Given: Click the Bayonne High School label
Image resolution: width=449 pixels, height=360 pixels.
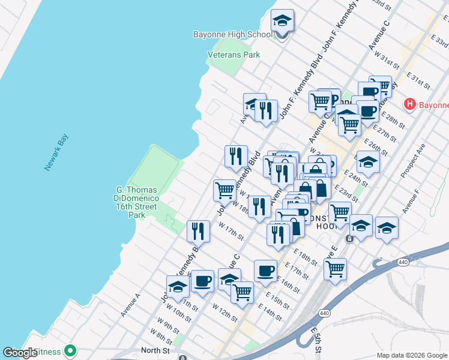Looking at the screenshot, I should [233, 34].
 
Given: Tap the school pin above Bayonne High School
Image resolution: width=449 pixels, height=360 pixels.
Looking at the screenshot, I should [282, 22].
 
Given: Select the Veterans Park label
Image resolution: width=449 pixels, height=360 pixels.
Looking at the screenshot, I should [234, 55].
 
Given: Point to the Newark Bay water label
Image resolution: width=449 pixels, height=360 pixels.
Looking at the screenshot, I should [56, 153].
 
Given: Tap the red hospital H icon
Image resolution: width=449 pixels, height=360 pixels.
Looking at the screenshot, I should [410, 104].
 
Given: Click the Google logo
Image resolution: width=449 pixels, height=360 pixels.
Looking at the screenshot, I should [20, 353].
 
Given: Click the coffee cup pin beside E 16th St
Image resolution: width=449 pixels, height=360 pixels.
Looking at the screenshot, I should [265, 271].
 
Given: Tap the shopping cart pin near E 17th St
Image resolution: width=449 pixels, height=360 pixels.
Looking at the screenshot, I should [335, 268].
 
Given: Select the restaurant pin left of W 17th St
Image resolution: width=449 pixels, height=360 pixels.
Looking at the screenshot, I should [198, 231].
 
